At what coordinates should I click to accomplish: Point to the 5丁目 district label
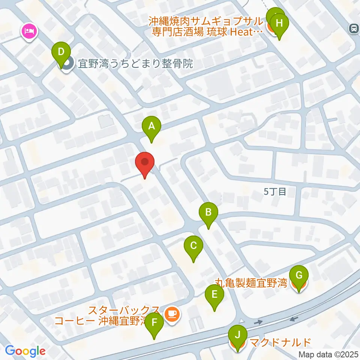pos(275,192)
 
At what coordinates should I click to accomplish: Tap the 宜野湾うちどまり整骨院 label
pos(135,64)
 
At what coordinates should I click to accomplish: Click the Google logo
pos(25,351)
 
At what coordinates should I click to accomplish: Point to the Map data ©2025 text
pos(328,354)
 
